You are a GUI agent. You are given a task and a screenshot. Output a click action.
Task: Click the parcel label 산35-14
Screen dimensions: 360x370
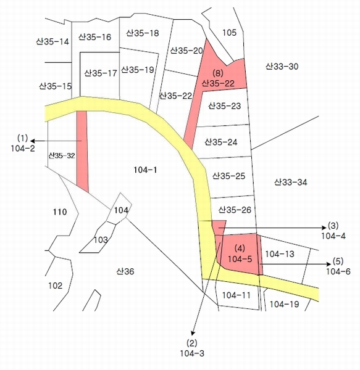pos(52,41)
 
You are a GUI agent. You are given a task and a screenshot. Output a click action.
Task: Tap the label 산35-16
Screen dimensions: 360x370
pos(94,37)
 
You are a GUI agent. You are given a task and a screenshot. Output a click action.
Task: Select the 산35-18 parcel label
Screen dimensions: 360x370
pos(142,33)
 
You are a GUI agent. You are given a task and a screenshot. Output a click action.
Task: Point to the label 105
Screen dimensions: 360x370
pos(229,32)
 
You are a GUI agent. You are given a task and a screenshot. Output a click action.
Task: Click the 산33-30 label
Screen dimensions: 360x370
pos(282,67)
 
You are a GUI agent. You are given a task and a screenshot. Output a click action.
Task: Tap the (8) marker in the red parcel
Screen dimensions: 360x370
pos(218,73)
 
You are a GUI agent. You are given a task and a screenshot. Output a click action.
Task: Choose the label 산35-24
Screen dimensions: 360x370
pos(221,142)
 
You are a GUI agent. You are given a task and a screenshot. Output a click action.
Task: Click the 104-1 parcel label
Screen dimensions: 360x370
pos(145,170)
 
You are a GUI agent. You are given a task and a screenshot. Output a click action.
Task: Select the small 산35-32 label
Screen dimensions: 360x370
pos(62,155)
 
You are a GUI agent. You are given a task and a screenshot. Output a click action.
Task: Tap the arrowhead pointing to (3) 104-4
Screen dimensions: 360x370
pos(324,228)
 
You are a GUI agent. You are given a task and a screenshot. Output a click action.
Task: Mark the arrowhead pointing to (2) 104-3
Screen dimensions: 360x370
pos(193,333)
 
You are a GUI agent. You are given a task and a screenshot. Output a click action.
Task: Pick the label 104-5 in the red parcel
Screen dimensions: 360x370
pos(240,259)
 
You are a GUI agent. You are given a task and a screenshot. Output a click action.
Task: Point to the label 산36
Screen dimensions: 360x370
pos(125,271)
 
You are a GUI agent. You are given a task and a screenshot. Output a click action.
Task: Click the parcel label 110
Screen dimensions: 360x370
pos(60,212)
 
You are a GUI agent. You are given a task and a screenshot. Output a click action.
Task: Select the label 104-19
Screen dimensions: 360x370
pos(284,304)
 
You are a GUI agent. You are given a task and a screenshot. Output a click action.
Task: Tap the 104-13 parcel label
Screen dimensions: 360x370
pos(280,254)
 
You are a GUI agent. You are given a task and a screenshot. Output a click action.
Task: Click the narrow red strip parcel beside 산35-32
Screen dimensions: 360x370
pos(82,151)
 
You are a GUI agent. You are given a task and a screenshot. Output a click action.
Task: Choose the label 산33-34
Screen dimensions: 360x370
pos(291,182)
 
